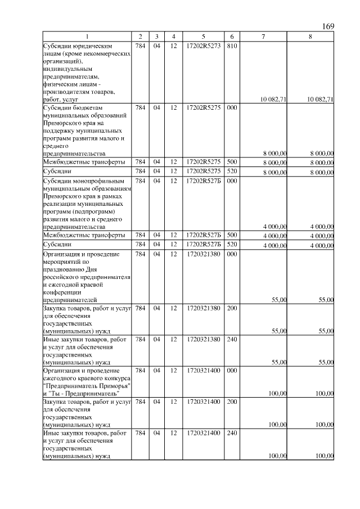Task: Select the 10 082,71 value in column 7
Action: coord(274,100)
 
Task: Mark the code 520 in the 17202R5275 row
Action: coord(231,170)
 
